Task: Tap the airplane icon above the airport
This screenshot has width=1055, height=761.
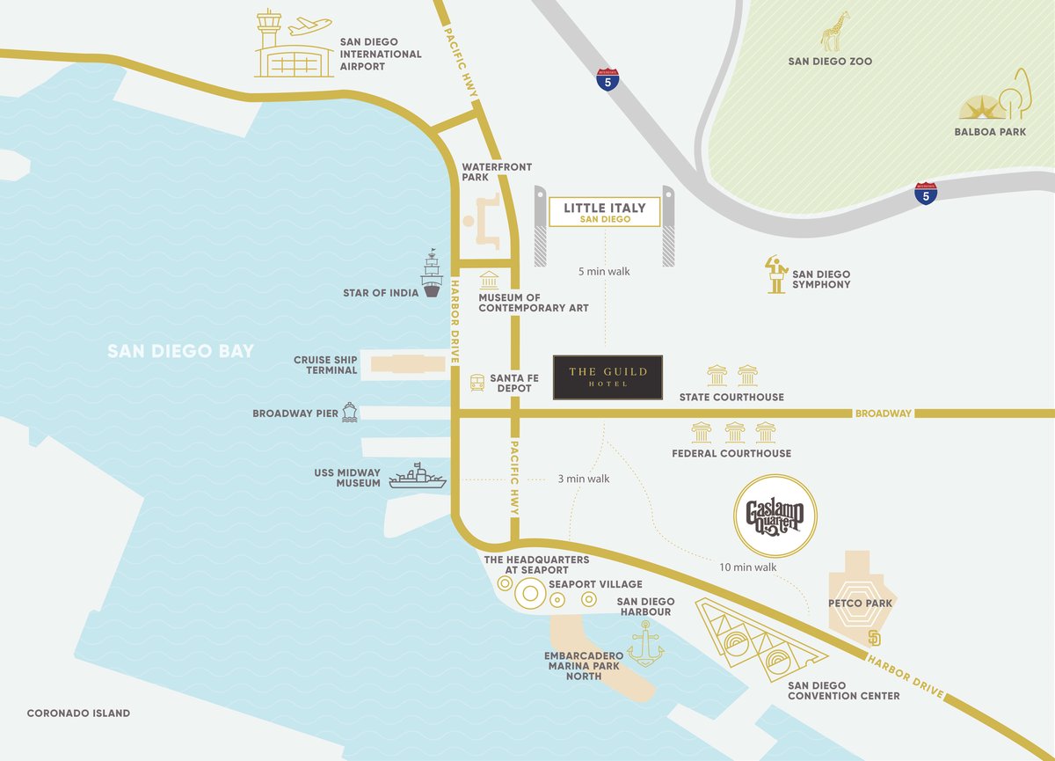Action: pyautogui.click(x=309, y=26)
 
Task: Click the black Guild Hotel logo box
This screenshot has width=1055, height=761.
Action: pyautogui.click(x=608, y=377)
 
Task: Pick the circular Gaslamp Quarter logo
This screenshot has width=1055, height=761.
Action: pyautogui.click(x=775, y=516)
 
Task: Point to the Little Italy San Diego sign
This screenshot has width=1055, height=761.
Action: pyautogui.click(x=604, y=212)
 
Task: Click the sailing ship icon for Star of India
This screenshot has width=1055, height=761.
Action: pyautogui.click(x=432, y=274)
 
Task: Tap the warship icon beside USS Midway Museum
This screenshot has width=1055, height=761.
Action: pyautogui.click(x=417, y=476)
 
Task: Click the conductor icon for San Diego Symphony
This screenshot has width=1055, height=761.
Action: pyautogui.click(x=775, y=274)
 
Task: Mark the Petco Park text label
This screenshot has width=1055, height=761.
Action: pyautogui.click(x=861, y=604)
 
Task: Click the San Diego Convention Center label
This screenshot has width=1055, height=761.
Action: pyautogui.click(x=843, y=691)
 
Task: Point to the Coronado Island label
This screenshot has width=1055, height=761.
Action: pyautogui.click(x=78, y=713)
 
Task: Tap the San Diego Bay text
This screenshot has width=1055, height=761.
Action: pyautogui.click(x=180, y=352)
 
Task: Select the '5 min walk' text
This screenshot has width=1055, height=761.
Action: pyautogui.click(x=604, y=272)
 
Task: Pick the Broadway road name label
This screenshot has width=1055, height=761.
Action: pyautogui.click(x=884, y=413)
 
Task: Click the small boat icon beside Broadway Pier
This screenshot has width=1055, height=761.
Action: pyautogui.click(x=349, y=412)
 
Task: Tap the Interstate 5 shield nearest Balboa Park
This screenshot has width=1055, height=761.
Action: pyautogui.click(x=925, y=193)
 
